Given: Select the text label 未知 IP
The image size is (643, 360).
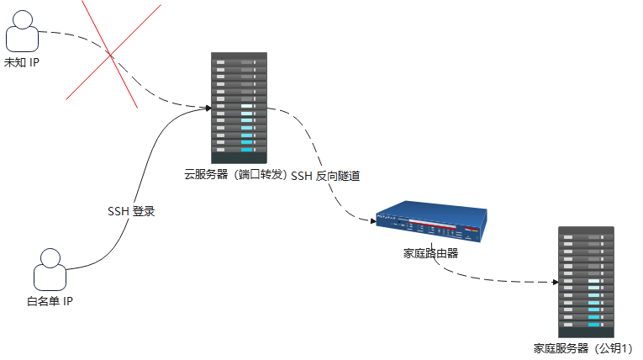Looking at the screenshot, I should click(x=23, y=64).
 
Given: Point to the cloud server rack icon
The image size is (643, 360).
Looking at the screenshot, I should click(x=239, y=108).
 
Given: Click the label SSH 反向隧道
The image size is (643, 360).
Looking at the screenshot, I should click(x=325, y=176).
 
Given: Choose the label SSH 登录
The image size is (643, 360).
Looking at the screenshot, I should click(x=131, y=211).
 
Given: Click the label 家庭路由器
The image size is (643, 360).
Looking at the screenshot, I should click(x=431, y=252).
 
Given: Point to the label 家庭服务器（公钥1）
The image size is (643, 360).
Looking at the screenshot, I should click(x=583, y=347).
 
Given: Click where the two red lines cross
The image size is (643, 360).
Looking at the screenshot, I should click(x=112, y=56).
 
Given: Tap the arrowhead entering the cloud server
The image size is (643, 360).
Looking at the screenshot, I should click(x=207, y=107).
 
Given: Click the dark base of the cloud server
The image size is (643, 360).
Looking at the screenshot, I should click(x=239, y=157).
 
